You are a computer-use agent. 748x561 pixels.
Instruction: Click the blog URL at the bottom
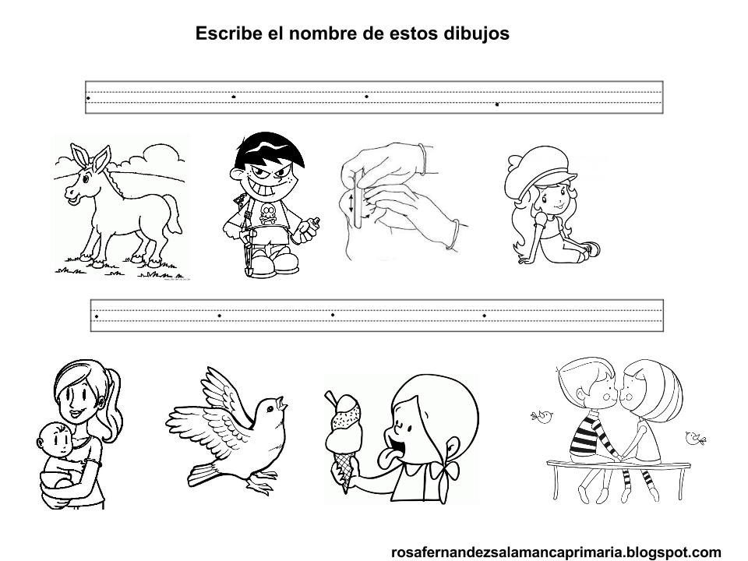pos(556,552)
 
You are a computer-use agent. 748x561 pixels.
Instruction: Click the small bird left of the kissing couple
pos(542,416)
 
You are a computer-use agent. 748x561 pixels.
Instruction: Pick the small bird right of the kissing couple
pos(696,438)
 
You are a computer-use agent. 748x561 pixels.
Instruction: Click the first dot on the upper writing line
pos(88,98)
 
